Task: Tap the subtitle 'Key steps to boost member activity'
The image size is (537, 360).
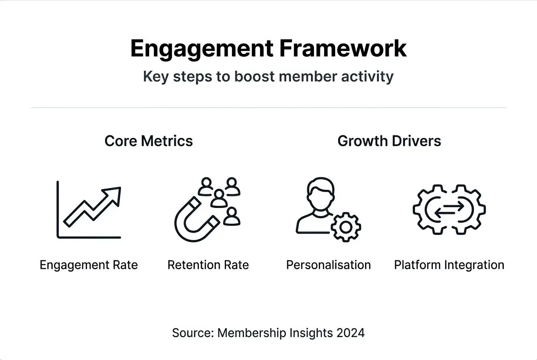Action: point(268,77)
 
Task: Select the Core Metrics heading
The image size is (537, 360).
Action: point(149,141)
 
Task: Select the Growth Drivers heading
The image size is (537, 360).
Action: point(389,141)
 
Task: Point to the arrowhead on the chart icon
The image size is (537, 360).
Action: point(114,194)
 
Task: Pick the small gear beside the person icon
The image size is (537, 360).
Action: point(346,227)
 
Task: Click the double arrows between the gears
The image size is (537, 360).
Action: point(449,209)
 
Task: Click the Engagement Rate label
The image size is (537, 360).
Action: point(89,265)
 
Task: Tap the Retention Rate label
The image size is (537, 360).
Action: point(208,265)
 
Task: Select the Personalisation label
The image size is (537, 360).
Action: point(328,265)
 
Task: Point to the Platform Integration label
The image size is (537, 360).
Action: point(449,265)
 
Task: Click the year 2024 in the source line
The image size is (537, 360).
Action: point(350,332)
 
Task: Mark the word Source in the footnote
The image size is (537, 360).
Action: point(192,332)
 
